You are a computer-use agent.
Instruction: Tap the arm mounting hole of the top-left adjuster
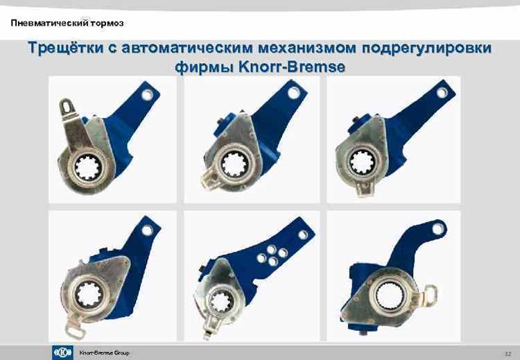pos(148,92)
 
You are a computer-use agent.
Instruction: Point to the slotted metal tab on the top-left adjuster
pos(67,107)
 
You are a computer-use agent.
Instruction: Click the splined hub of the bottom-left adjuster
pos(89,295)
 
